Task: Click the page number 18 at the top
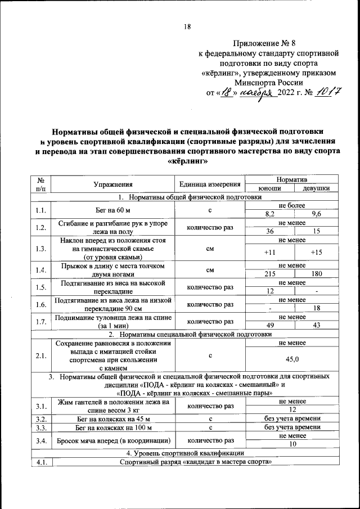[x=187, y=26]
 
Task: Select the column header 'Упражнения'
[x=113, y=184]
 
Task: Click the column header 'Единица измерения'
[x=210, y=184]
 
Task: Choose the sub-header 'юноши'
[x=270, y=188]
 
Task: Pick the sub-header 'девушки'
[x=316, y=188]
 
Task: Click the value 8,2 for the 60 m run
[x=270, y=214]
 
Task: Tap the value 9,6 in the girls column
[x=316, y=214]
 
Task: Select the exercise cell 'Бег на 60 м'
[x=113, y=210]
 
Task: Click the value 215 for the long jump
[x=270, y=274]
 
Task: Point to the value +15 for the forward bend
[x=316, y=252]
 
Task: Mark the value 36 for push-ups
[x=270, y=231]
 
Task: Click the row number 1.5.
[x=40, y=287]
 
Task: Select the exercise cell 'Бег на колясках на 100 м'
[x=113, y=427]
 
